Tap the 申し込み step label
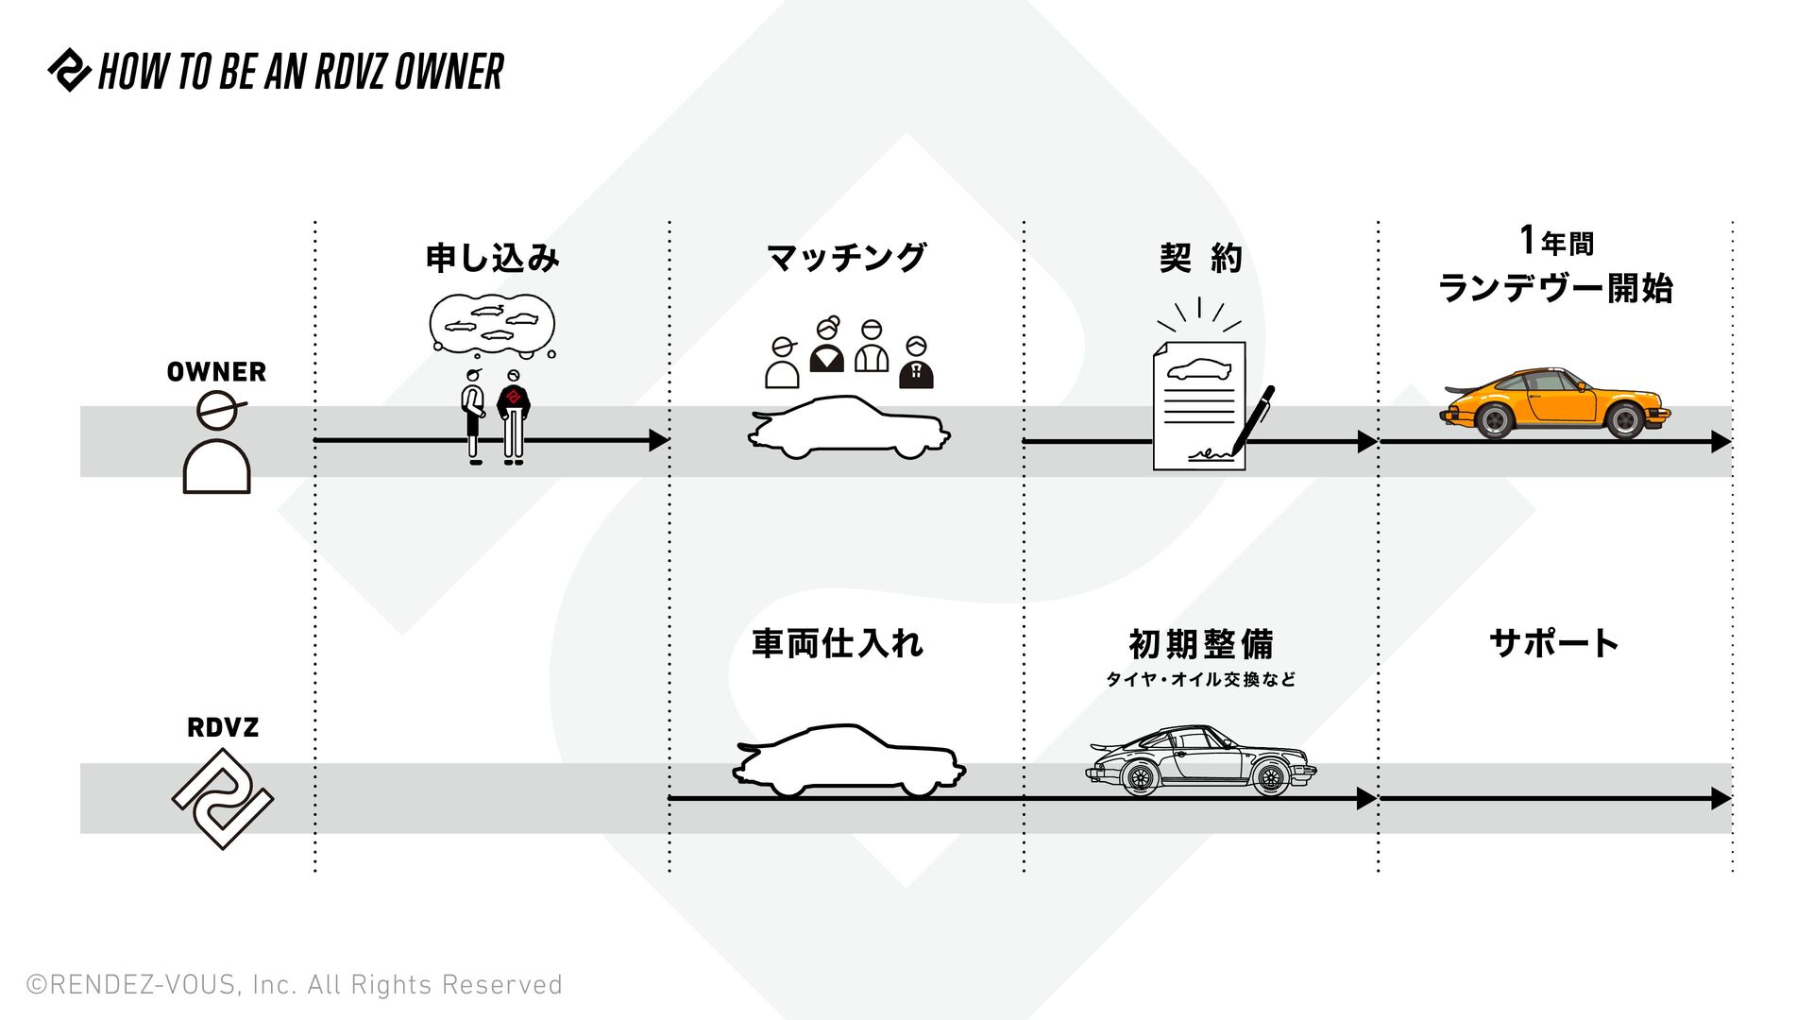click(492, 258)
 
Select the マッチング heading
click(846, 258)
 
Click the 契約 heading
click(1200, 258)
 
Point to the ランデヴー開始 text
click(1554, 288)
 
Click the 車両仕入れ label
click(838, 644)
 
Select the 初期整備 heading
click(1200, 645)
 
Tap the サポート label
click(1554, 644)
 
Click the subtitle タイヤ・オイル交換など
click(1200, 680)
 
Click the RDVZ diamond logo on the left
click(223, 799)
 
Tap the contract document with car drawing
click(1198, 406)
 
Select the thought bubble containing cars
click(492, 323)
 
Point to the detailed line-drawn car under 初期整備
click(1200, 761)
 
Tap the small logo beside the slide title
click(69, 71)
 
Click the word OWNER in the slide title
click(449, 72)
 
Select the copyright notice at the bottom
click(295, 985)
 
